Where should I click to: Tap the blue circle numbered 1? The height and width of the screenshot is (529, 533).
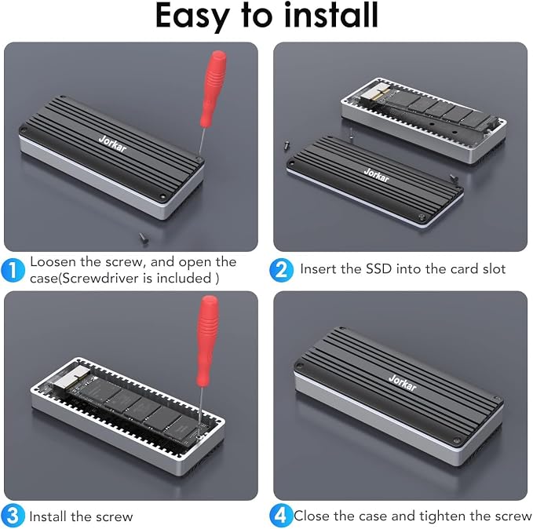(13, 270)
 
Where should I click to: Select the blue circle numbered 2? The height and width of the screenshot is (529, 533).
(282, 270)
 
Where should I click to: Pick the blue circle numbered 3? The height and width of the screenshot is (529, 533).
(13, 516)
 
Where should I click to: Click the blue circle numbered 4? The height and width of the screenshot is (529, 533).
(281, 516)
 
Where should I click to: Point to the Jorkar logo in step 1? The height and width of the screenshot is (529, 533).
(112, 144)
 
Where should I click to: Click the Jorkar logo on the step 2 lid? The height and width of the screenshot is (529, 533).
(377, 175)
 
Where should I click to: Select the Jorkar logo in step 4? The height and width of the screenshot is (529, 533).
(402, 382)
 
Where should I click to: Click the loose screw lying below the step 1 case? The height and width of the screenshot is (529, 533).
(144, 238)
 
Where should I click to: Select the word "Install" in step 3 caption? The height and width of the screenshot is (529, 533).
(48, 516)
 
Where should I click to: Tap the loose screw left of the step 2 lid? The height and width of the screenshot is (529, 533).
(287, 145)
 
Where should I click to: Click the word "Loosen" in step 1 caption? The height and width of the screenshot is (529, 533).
(53, 262)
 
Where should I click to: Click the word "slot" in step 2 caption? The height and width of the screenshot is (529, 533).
(495, 269)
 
